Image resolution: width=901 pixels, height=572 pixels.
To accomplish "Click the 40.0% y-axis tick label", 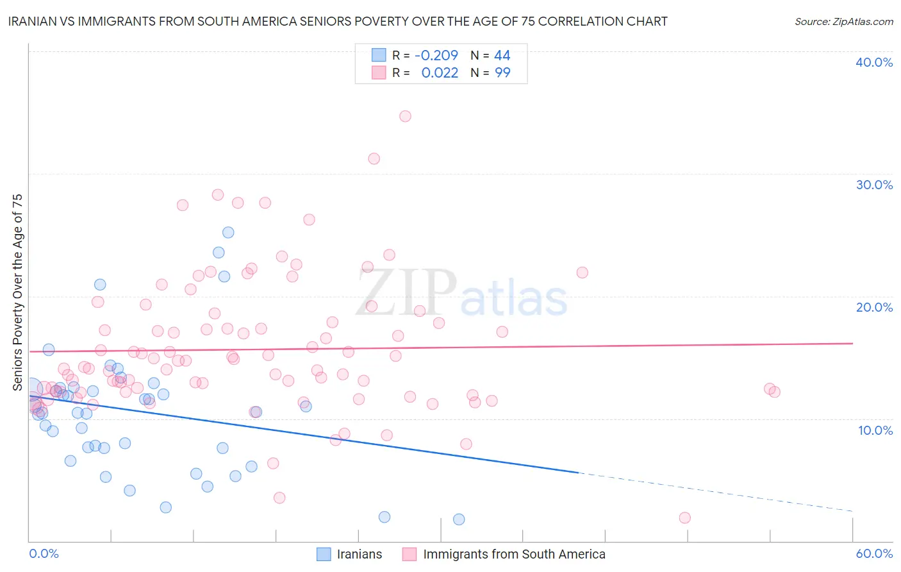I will click(874, 62).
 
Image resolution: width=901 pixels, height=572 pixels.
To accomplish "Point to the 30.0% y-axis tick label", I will click(874, 185).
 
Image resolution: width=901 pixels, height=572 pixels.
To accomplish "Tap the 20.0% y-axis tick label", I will click(874, 307).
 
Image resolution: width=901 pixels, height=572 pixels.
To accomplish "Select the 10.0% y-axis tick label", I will click(875, 430).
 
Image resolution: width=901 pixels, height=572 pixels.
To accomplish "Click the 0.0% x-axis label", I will click(44, 553).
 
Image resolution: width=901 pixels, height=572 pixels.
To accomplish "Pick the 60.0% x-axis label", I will click(874, 553).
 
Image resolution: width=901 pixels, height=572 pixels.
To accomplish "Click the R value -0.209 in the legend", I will click(436, 56).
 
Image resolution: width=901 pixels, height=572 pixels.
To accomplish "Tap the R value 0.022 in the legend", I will click(440, 73).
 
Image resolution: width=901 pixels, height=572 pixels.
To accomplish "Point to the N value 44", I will click(502, 56).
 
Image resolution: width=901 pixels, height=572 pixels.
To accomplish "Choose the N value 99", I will click(502, 73).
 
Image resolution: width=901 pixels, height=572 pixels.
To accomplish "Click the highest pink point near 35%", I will click(405, 116).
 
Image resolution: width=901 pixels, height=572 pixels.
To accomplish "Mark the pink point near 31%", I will click(374, 158).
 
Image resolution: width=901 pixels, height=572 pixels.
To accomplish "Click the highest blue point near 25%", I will click(228, 232).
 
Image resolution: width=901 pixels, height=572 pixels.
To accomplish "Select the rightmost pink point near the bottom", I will click(684, 517).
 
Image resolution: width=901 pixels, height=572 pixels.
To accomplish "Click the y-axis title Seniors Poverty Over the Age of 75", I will click(17, 292).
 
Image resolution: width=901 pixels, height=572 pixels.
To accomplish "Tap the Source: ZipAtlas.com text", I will click(843, 22).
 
